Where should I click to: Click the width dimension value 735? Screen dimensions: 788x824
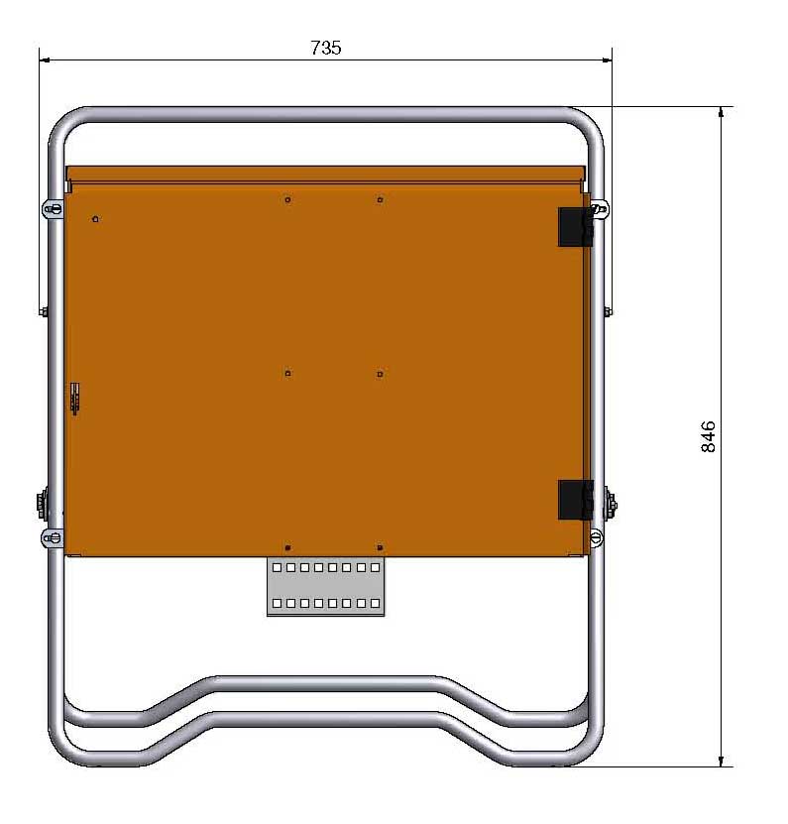[x=326, y=48]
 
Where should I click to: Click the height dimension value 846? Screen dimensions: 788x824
[x=708, y=436]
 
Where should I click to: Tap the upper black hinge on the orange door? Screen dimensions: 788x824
[x=576, y=227]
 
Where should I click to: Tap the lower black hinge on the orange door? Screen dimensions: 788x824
[x=576, y=500]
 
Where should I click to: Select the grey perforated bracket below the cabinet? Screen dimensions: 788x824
[x=326, y=586]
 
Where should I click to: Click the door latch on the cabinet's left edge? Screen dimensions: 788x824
[x=75, y=399]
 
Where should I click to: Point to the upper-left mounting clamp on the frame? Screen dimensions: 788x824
[x=53, y=209]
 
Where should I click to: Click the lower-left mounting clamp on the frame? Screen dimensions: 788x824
[x=52, y=538]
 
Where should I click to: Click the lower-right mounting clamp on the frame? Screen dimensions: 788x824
[x=596, y=537]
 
